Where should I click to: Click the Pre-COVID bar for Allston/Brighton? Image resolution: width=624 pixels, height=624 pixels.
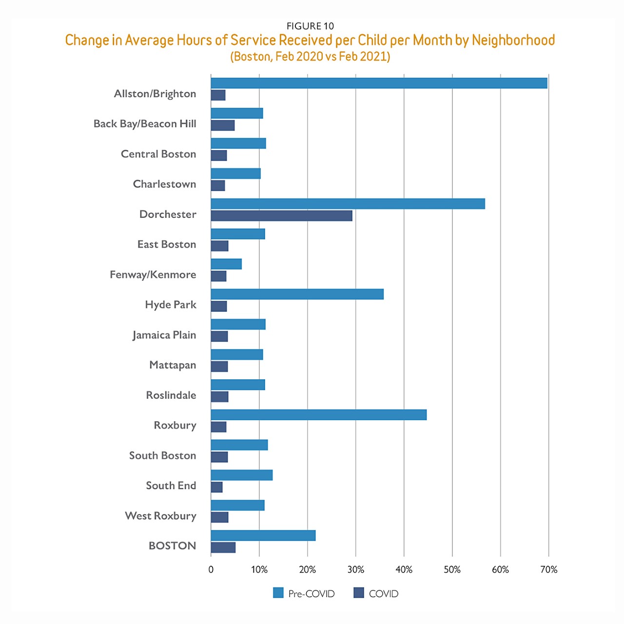point(379,83)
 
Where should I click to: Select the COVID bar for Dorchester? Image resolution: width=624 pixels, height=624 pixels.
point(281,215)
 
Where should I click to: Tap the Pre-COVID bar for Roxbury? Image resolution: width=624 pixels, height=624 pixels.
point(318,415)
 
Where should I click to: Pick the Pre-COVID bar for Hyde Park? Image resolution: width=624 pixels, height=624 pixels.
point(297,294)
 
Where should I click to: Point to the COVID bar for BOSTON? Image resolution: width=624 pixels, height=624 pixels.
point(223,547)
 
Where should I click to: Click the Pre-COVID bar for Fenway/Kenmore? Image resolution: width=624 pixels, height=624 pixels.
point(226,264)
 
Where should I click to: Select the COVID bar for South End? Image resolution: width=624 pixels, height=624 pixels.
point(216,487)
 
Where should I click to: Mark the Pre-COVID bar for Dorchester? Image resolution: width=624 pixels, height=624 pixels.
point(348,204)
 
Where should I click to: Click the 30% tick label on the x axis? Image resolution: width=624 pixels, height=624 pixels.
point(356,569)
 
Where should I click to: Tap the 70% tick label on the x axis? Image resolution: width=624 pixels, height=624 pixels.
point(548,569)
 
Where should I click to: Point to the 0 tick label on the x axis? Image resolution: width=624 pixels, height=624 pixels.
point(211,569)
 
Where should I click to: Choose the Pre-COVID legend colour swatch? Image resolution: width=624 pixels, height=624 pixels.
point(278,593)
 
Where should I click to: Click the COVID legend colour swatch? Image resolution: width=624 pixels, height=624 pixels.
point(359,593)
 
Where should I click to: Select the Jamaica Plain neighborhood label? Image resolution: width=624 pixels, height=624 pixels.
point(164,335)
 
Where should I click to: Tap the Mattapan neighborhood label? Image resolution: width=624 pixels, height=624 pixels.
point(173,365)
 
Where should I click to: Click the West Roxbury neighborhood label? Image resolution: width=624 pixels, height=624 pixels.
point(160,516)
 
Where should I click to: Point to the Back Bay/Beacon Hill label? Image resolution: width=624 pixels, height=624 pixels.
point(145,124)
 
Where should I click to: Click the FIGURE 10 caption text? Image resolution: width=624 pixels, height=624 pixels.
point(310,26)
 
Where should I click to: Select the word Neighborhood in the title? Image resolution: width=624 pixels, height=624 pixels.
point(513,40)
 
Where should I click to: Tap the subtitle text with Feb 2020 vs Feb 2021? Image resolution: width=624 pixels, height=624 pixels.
point(310,57)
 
